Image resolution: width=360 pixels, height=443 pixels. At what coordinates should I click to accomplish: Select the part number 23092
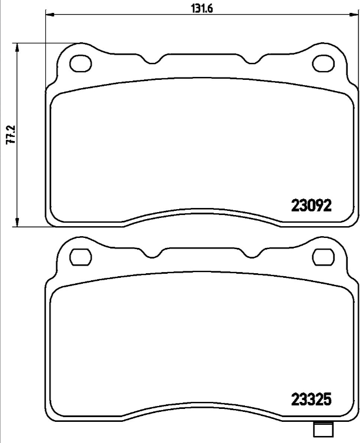[x=312, y=206]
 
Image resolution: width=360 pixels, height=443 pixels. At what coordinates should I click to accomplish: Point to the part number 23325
[x=312, y=400]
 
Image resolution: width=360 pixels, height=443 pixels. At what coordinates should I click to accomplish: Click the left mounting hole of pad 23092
[x=79, y=63]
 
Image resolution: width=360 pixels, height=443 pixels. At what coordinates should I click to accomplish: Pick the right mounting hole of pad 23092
[x=322, y=63]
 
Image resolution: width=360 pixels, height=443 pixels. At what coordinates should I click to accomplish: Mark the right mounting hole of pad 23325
[x=322, y=257]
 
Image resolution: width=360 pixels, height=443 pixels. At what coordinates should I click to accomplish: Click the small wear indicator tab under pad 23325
[x=321, y=430]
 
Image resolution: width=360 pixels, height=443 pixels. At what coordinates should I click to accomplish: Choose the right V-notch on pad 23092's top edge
[x=250, y=61]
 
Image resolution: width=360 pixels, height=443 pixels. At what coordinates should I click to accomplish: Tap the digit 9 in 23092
[x=320, y=206]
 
